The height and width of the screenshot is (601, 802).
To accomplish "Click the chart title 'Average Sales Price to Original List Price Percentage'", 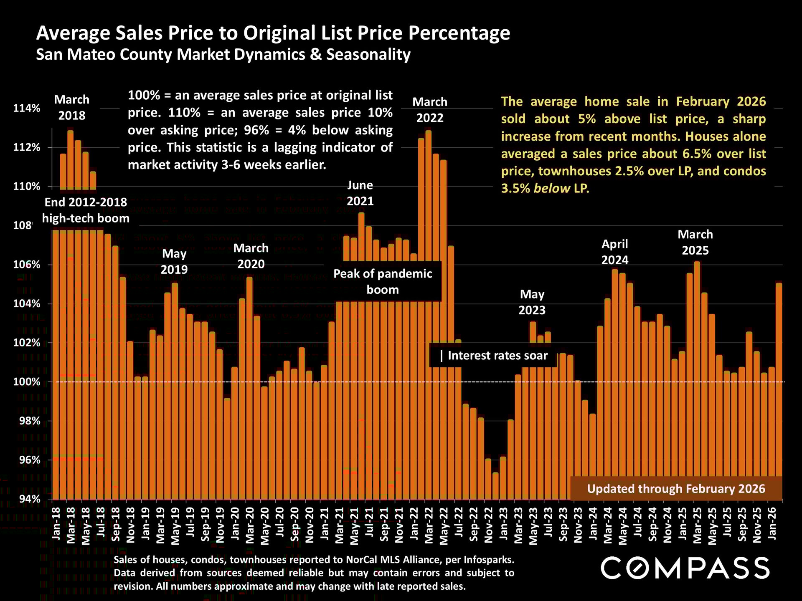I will pos(273,33).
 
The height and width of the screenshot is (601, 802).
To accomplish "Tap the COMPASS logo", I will pos(685,568).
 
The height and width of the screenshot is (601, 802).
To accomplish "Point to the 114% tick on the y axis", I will pos(27,109).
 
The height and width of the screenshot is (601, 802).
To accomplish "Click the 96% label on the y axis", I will pos(29,460).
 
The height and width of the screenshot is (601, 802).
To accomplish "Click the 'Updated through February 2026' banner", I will pos(676,489).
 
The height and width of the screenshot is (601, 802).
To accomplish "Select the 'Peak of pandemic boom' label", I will pos(383,282).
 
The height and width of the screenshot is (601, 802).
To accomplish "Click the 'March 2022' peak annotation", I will pos(430,110).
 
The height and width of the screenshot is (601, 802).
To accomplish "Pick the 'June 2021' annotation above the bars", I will pos(360,193).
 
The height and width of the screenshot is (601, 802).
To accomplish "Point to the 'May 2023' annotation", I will pos(532,302).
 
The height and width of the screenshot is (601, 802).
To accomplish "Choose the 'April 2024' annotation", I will pos(614,252).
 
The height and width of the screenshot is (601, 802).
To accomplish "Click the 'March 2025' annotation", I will pos(695,242).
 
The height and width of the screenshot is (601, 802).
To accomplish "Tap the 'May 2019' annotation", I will pos(174,261).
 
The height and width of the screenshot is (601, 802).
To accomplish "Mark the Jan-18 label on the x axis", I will pos(56,523).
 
